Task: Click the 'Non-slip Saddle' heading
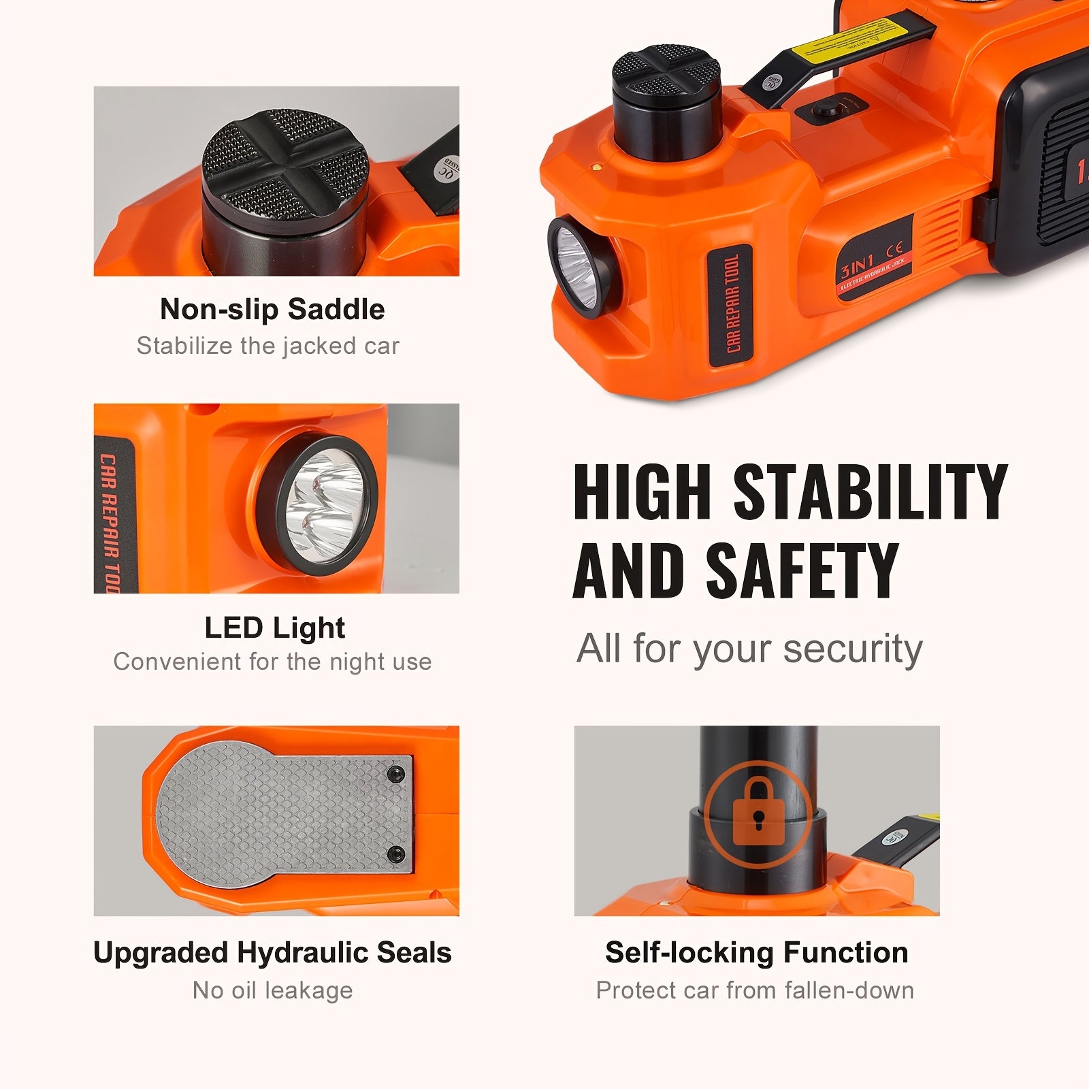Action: pos(272,310)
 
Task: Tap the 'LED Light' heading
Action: pos(275,628)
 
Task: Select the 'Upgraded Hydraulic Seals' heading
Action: pos(272,953)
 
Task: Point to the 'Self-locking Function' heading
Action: pos(756,953)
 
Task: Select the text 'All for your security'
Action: pos(749,649)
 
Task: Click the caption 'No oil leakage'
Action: pos(272,990)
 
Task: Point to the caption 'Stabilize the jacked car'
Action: pos(267,346)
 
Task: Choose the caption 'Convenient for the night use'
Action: pos(272,662)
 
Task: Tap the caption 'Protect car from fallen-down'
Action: pos(755,990)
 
